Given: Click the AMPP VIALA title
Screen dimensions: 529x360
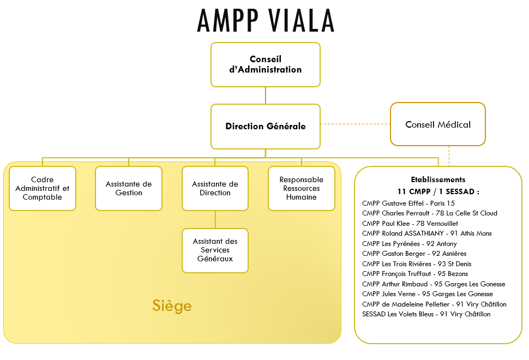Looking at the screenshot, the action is [x=266, y=21].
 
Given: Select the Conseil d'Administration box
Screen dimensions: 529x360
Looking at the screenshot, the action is [x=266, y=64].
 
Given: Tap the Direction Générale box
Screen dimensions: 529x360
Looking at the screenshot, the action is [x=266, y=126].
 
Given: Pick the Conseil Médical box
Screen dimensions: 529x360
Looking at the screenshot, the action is [x=437, y=124].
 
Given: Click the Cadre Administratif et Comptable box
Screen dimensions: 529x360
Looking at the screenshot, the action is [x=43, y=188].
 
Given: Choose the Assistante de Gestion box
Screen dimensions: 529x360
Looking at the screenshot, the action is [x=129, y=188].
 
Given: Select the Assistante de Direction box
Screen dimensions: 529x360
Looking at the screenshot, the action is [x=215, y=188].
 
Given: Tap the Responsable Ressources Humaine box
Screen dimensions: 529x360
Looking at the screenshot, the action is [x=301, y=188].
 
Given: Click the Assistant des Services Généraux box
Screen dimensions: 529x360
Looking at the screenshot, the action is [x=215, y=250].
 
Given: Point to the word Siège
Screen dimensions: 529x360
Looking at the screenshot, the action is [x=172, y=305].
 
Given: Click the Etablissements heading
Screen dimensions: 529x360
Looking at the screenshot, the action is [x=438, y=179].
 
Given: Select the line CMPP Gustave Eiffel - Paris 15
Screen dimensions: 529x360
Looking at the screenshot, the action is [x=408, y=203].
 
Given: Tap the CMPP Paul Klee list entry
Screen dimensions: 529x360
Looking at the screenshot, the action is [x=410, y=223].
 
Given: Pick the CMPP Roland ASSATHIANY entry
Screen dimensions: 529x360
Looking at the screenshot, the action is [x=427, y=233].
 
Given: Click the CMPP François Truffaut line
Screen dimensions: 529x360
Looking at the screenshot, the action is [x=415, y=274].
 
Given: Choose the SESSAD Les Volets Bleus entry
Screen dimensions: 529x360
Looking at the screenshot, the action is [x=426, y=314].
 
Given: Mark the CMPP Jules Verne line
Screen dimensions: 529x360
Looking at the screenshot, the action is [x=428, y=294].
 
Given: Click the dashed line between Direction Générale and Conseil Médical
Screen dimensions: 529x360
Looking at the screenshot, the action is [x=355, y=124].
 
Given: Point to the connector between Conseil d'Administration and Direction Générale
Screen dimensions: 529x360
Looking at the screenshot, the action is [x=266, y=95].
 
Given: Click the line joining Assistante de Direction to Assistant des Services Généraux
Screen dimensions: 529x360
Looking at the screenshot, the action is [x=215, y=220].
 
